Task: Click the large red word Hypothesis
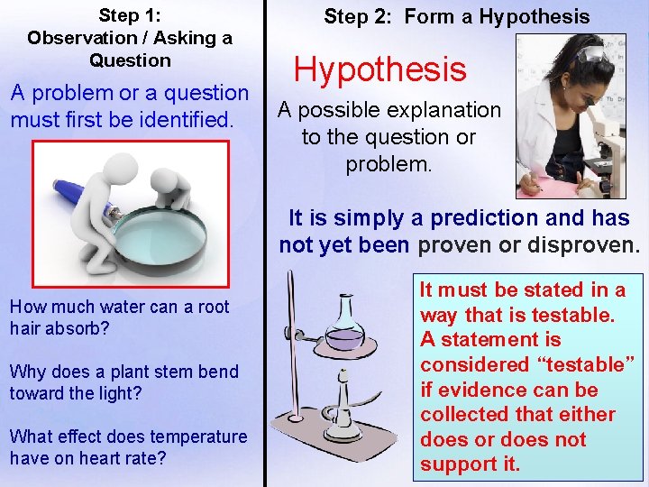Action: tap(379, 69)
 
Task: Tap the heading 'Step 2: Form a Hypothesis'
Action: tap(456, 16)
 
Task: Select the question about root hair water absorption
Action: tap(119, 317)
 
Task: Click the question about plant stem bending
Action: tap(123, 381)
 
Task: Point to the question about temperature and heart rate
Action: tap(127, 446)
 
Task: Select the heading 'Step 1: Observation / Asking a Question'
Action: tap(130, 38)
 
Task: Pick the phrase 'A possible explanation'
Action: tap(388, 110)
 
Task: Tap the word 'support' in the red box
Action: tap(457, 465)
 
